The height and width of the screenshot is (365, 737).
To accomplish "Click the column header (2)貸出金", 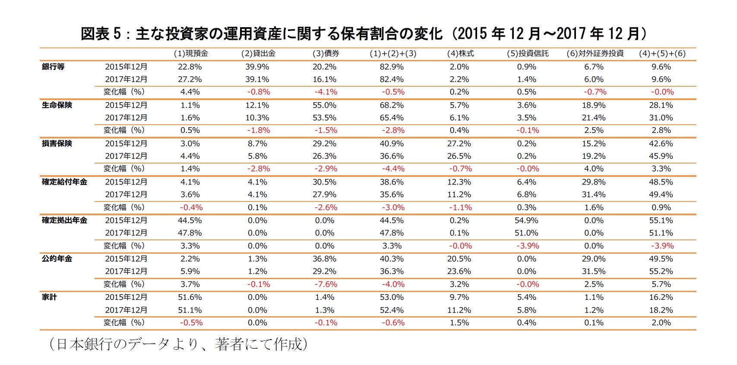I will click(258, 53).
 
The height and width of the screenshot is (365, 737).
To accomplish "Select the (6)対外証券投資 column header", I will click(595, 53).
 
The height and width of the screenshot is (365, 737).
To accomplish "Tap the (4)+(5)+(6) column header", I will click(662, 53).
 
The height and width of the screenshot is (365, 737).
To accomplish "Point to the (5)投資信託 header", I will click(527, 53).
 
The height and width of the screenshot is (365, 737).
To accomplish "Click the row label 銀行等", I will click(53, 67).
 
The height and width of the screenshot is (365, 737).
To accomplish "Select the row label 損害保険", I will click(57, 144).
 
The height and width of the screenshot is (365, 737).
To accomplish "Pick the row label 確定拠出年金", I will click(64, 220).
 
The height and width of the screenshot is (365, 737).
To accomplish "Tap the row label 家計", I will click(49, 297).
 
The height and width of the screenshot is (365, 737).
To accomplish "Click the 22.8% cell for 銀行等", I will click(190, 67).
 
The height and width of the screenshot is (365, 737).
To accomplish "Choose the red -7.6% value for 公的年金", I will click(325, 284).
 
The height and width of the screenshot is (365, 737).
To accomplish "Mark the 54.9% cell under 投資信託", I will click(526, 220).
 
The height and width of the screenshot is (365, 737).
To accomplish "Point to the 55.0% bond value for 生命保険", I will click(325, 105).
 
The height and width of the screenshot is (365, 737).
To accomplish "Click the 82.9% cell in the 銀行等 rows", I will click(392, 67).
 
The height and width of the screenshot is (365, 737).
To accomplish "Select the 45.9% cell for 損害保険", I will click(661, 156).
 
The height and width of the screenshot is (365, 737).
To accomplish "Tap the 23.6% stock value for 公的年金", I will click(459, 271).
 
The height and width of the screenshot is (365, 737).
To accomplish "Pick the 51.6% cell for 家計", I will click(190, 297).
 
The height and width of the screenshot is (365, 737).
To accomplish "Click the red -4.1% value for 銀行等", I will click(325, 92).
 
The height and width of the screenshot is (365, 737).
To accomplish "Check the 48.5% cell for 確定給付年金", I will click(661, 182).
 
